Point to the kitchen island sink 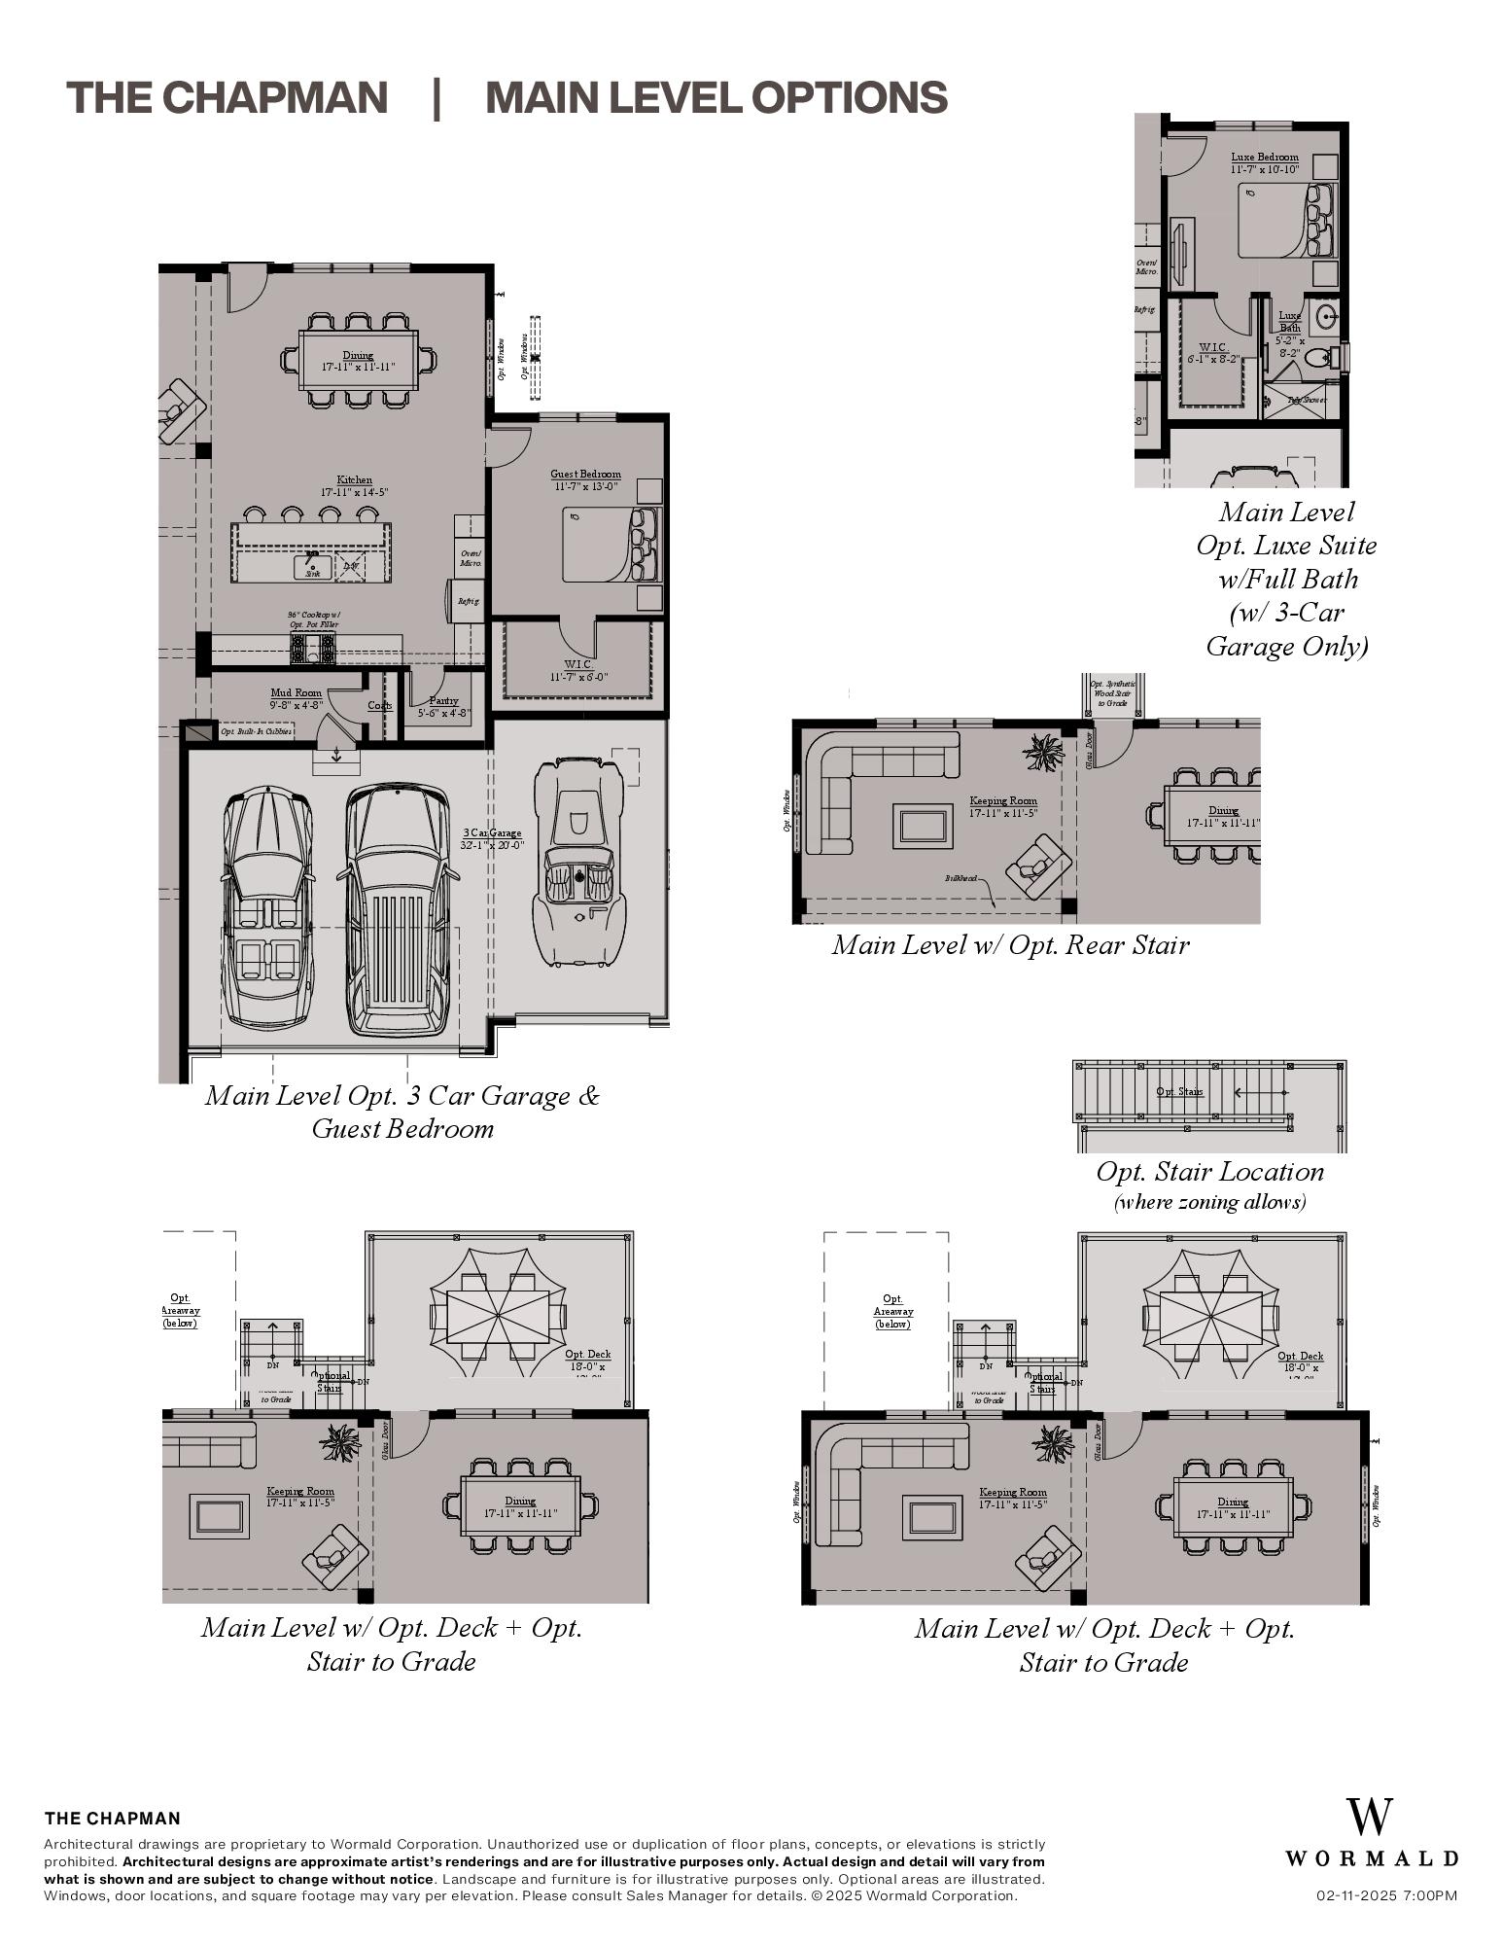coord(313,565)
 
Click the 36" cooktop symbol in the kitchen coord(313,648)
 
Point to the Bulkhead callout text coord(961,877)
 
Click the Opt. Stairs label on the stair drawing coord(1179,1091)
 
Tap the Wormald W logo coord(1370,1818)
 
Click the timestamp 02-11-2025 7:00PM coord(1386,1895)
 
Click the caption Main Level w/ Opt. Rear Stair coord(1010,945)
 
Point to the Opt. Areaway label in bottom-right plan coord(892,1311)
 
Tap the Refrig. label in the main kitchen coord(468,601)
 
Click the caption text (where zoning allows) coord(1209,1202)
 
